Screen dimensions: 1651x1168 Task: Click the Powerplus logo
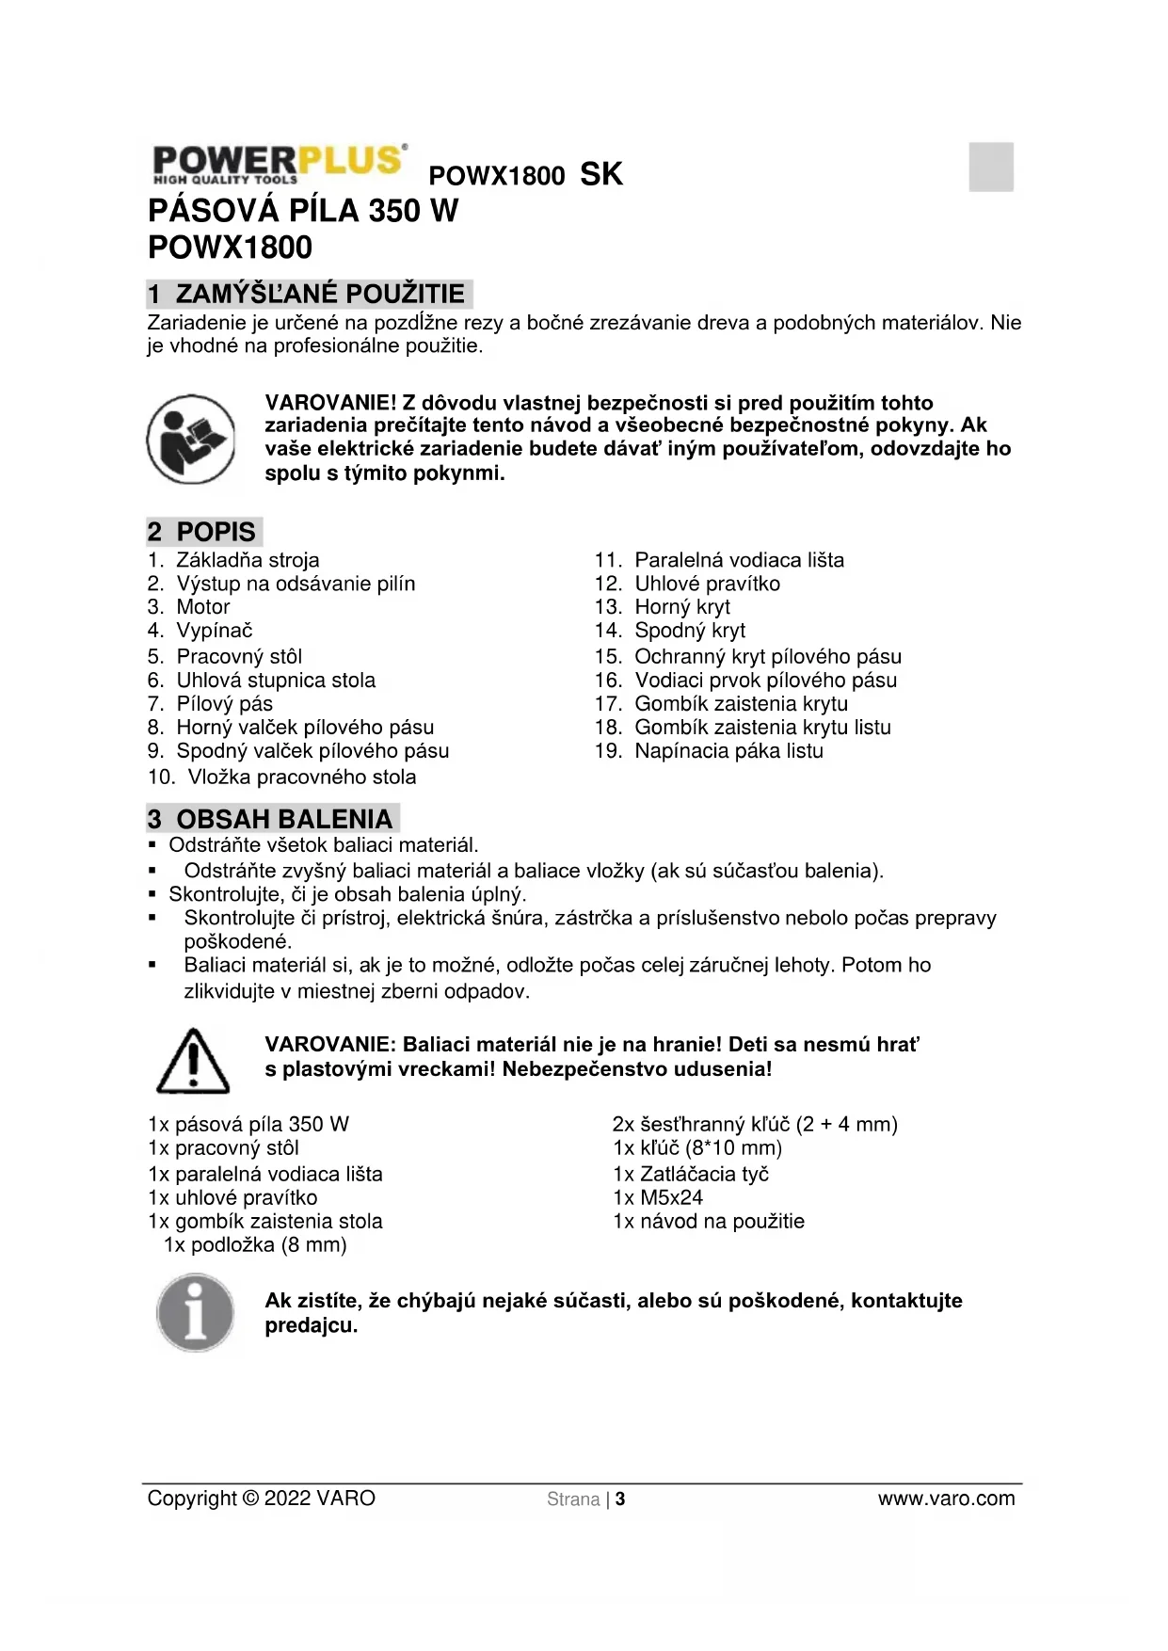pyautogui.click(x=279, y=165)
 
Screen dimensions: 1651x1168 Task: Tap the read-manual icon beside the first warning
pyautogui.click(x=191, y=439)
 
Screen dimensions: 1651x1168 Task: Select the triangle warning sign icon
pyautogui.click(x=193, y=1061)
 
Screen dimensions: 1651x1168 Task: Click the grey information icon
pyautogui.click(x=195, y=1313)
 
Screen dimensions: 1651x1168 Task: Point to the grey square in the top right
pyautogui.click(x=991, y=167)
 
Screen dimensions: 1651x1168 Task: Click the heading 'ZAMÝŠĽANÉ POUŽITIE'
pyautogui.click(x=320, y=294)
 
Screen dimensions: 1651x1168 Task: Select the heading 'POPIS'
pyautogui.click(x=216, y=532)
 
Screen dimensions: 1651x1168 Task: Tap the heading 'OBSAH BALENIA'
pyautogui.click(x=284, y=819)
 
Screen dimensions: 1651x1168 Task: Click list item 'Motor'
pyautogui.click(x=203, y=607)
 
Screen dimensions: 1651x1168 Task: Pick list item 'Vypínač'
pyautogui.click(x=215, y=631)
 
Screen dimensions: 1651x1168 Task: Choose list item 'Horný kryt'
pyautogui.click(x=682, y=607)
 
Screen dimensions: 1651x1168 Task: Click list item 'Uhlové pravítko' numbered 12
pyautogui.click(x=707, y=584)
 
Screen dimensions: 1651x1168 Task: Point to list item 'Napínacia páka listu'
pyautogui.click(x=728, y=751)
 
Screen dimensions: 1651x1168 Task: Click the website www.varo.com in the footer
pyautogui.click(x=946, y=1499)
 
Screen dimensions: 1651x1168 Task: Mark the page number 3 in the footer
pyautogui.click(x=620, y=1499)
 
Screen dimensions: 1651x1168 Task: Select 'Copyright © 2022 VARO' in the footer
pyautogui.click(x=261, y=1499)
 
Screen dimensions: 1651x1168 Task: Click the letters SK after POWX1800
pyautogui.click(x=601, y=174)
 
